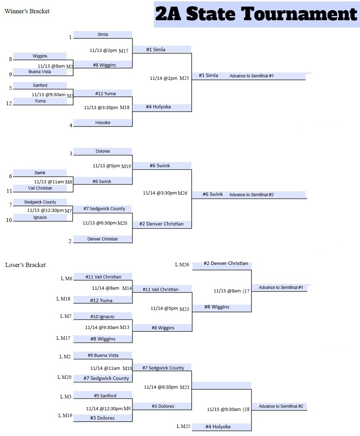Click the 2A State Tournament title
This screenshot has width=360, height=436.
pyautogui.click(x=256, y=14)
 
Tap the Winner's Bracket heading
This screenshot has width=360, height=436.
pyautogui.click(x=27, y=11)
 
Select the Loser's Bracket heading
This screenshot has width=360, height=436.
pyautogui.click(x=25, y=265)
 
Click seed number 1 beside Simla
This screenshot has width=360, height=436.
pyautogui.click(x=70, y=37)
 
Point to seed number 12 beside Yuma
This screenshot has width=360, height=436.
pyautogui.click(x=9, y=103)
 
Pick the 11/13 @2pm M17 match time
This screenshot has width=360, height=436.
pyautogui.click(x=109, y=51)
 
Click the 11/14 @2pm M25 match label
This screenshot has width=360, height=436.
pyautogui.click(x=169, y=78)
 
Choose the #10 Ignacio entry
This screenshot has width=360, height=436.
pyautogui.click(x=102, y=316)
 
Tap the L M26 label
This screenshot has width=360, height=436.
pyautogui.click(x=182, y=265)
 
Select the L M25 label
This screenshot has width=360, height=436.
pyautogui.click(x=183, y=426)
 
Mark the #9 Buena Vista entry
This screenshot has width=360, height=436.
pyautogui.click(x=102, y=355)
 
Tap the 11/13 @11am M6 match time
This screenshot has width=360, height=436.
pyautogui.click(x=53, y=182)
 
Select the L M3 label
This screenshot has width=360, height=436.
pyautogui.click(x=66, y=397)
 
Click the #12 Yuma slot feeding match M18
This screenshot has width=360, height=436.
pyautogui.click(x=105, y=93)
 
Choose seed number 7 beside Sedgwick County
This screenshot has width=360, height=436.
pyautogui.click(x=11, y=205)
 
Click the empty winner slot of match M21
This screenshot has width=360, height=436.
pyautogui.click(x=221, y=385)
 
